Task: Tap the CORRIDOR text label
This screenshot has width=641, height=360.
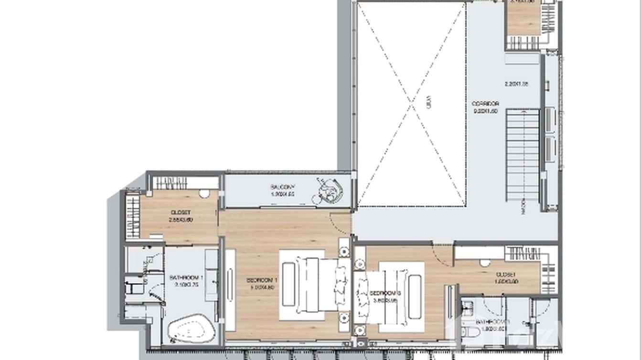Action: click(485, 104)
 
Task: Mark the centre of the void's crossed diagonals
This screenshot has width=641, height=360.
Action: click(411, 104)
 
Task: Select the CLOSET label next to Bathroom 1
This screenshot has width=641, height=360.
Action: click(180, 212)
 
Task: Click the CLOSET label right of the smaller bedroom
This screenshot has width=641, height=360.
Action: click(505, 275)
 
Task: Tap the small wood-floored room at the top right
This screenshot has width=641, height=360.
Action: click(523, 19)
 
